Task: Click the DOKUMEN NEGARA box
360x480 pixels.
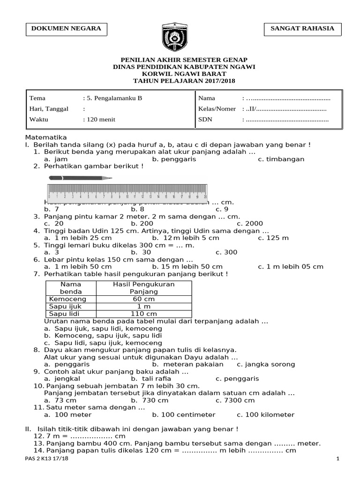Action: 66,29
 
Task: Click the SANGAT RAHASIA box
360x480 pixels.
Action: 302,29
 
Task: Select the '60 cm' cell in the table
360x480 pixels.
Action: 143,299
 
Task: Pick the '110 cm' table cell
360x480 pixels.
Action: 143,314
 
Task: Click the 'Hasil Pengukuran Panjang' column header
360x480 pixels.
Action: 143,288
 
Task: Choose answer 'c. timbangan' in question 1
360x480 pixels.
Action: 281,159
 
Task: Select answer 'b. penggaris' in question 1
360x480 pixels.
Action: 174,159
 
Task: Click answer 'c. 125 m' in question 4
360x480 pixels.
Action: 273,238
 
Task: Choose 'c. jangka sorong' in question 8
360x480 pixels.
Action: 266,364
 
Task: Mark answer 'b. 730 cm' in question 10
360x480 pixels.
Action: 150,400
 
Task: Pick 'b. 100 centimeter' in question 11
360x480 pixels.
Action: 184,415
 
